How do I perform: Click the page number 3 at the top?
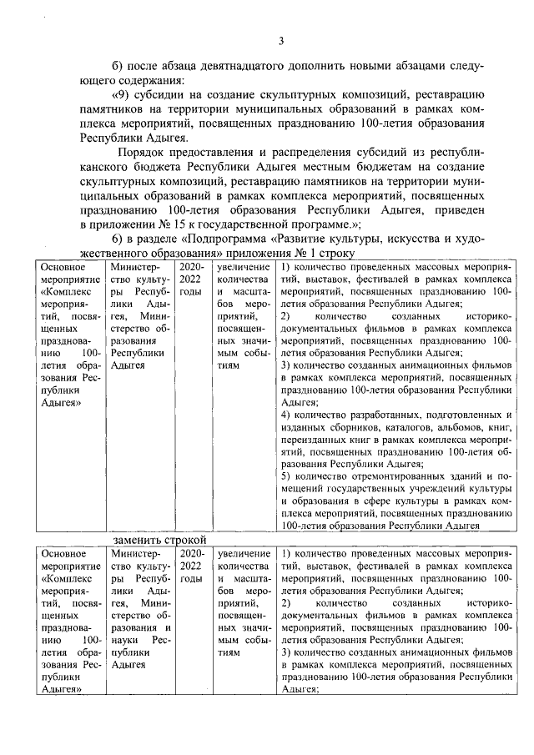[281, 41]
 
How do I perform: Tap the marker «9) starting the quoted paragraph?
[123, 93]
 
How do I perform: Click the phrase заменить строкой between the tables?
[160, 540]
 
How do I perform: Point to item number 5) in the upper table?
[285, 476]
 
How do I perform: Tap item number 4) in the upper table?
[285, 415]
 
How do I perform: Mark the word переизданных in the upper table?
[314, 440]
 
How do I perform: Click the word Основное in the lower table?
[63, 553]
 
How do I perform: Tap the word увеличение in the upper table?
[243, 268]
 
